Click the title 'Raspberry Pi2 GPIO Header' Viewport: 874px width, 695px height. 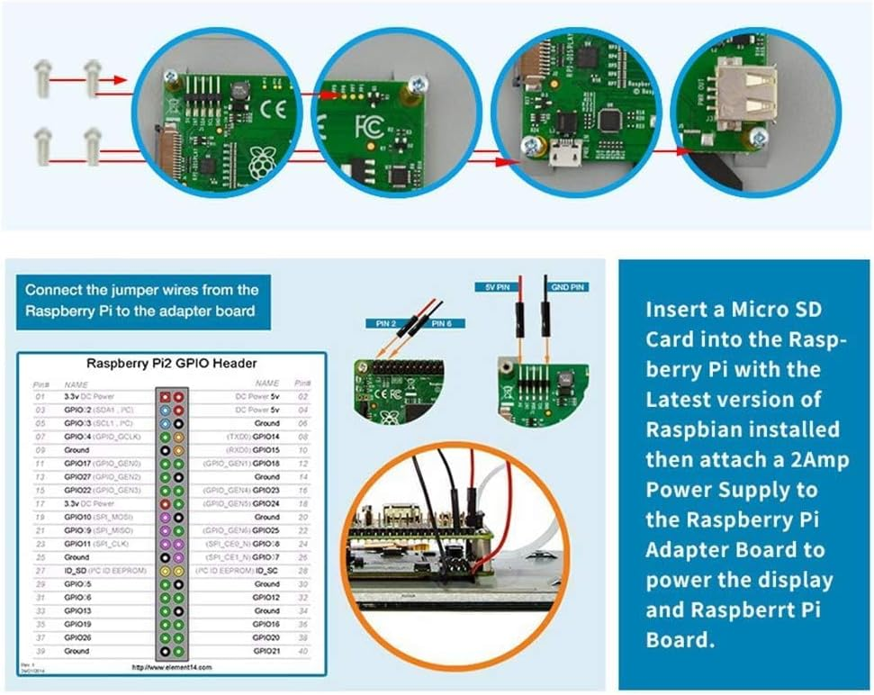[x=171, y=364]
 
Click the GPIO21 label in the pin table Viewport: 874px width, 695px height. [x=266, y=651]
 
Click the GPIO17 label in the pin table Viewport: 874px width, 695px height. [x=78, y=464]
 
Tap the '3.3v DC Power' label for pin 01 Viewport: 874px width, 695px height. [x=89, y=396]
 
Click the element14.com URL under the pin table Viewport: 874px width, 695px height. [x=171, y=668]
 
